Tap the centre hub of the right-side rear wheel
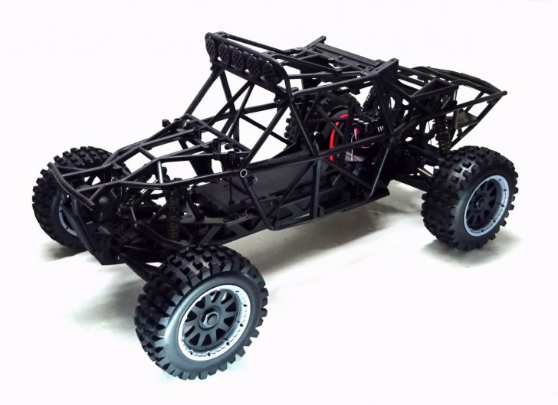[x=478, y=199]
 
